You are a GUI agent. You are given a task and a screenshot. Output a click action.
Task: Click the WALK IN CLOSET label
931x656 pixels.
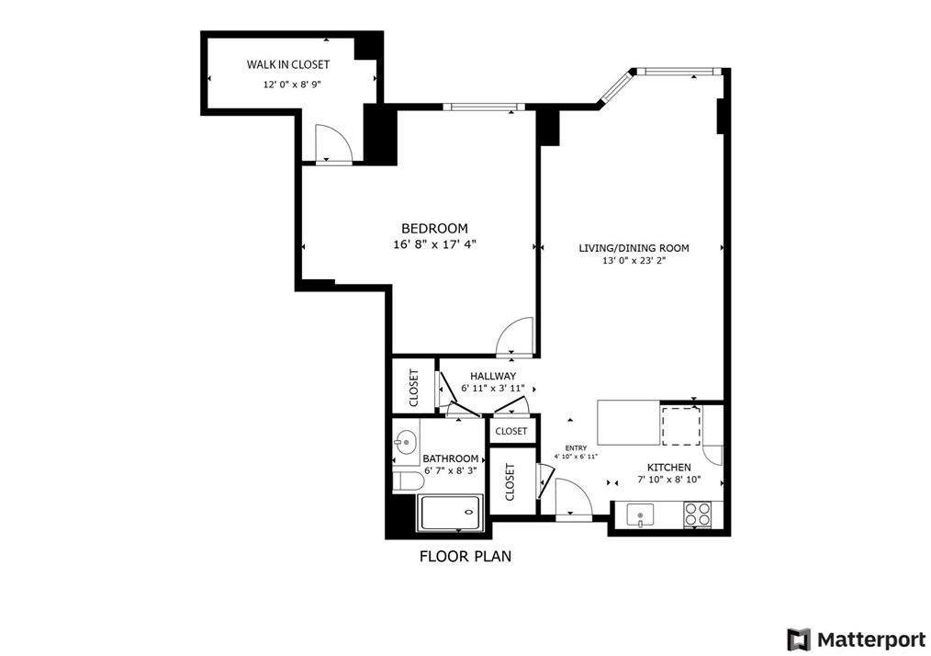pos(287,64)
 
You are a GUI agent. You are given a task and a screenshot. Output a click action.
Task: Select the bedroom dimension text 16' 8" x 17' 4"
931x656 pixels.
pos(434,244)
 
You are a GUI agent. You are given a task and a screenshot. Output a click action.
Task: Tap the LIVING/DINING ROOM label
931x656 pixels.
pos(634,248)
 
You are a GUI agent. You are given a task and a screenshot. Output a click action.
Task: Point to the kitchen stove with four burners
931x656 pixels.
pos(698,515)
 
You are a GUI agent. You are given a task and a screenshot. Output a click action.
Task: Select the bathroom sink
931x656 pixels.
pos(406,443)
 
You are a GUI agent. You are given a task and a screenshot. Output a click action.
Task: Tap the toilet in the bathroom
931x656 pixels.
pos(408,481)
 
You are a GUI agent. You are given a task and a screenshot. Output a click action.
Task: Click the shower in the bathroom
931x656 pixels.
pos(451,513)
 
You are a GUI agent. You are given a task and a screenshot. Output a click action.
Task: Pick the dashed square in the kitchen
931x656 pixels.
pos(681,424)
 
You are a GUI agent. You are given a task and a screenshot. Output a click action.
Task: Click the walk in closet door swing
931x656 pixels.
pos(332,143)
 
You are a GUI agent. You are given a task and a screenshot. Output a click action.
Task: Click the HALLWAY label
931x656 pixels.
pos(493,376)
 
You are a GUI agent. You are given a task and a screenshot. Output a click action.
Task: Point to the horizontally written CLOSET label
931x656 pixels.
pos(511,431)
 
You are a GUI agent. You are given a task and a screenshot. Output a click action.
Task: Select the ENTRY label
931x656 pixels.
pos(576,448)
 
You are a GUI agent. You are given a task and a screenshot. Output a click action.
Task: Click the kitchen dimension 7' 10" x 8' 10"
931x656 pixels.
pos(668,480)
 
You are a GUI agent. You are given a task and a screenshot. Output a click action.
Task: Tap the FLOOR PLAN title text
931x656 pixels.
pos(465,556)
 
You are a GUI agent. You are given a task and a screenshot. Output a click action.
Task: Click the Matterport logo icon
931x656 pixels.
pos(799,639)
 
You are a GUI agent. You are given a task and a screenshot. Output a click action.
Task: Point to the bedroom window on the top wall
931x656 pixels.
pos(484,107)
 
